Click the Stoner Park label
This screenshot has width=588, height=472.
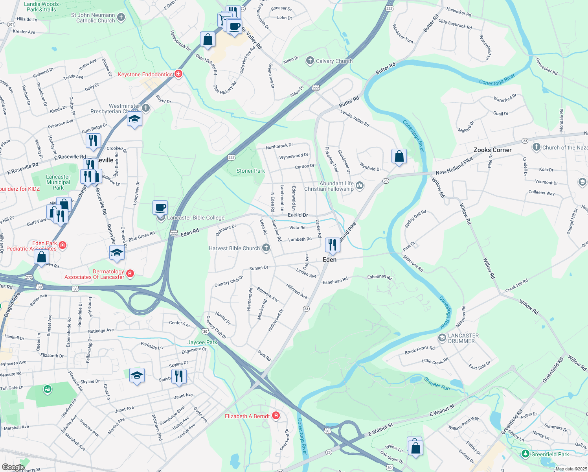[250, 171]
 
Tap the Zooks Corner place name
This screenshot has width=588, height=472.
[492, 150]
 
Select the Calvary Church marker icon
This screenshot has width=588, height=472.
[310, 61]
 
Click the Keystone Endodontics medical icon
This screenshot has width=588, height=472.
[178, 74]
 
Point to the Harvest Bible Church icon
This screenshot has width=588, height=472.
[266, 248]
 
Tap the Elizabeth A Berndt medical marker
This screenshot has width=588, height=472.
[276, 416]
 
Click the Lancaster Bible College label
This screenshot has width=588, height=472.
[196, 218]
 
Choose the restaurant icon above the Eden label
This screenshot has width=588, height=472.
[333, 245]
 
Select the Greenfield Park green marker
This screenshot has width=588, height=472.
[525, 454]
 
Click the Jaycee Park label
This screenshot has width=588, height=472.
[202, 342]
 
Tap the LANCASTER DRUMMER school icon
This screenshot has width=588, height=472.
[442, 338]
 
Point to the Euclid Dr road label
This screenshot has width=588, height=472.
[298, 215]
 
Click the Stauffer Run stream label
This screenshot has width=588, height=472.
[437, 383]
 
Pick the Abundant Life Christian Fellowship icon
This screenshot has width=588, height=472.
[359, 186]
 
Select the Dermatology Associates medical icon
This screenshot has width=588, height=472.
[130, 273]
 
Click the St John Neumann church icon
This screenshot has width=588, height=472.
[121, 17]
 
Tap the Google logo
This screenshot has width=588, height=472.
[13, 467]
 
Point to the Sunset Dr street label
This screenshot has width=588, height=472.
[259, 268]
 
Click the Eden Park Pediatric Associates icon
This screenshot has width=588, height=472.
[62, 245]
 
